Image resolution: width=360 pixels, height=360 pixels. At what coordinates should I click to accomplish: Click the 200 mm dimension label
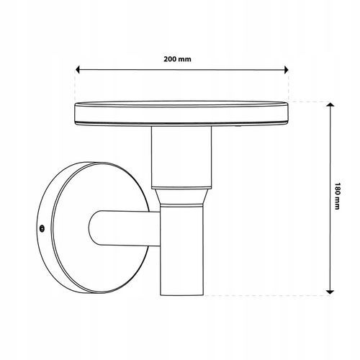(x=177, y=59)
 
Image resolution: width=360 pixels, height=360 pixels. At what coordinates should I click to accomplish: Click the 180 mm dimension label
(x=337, y=196)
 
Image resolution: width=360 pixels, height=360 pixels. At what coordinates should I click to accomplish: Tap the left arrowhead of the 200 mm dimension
(x=78, y=70)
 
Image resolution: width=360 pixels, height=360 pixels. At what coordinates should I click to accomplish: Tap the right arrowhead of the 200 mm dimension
(x=286, y=70)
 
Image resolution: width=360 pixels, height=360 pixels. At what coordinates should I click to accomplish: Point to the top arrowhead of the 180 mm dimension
(x=330, y=104)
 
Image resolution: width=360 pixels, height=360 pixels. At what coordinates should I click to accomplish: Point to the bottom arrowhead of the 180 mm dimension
(x=330, y=292)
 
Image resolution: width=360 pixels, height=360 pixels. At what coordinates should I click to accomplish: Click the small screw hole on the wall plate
(x=42, y=228)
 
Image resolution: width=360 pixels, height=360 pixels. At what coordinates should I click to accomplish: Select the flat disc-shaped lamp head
(x=181, y=113)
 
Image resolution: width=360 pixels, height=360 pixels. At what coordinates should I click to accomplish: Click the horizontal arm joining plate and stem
(x=125, y=228)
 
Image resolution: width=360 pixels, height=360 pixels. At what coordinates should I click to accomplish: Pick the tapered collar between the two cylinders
(x=181, y=197)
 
